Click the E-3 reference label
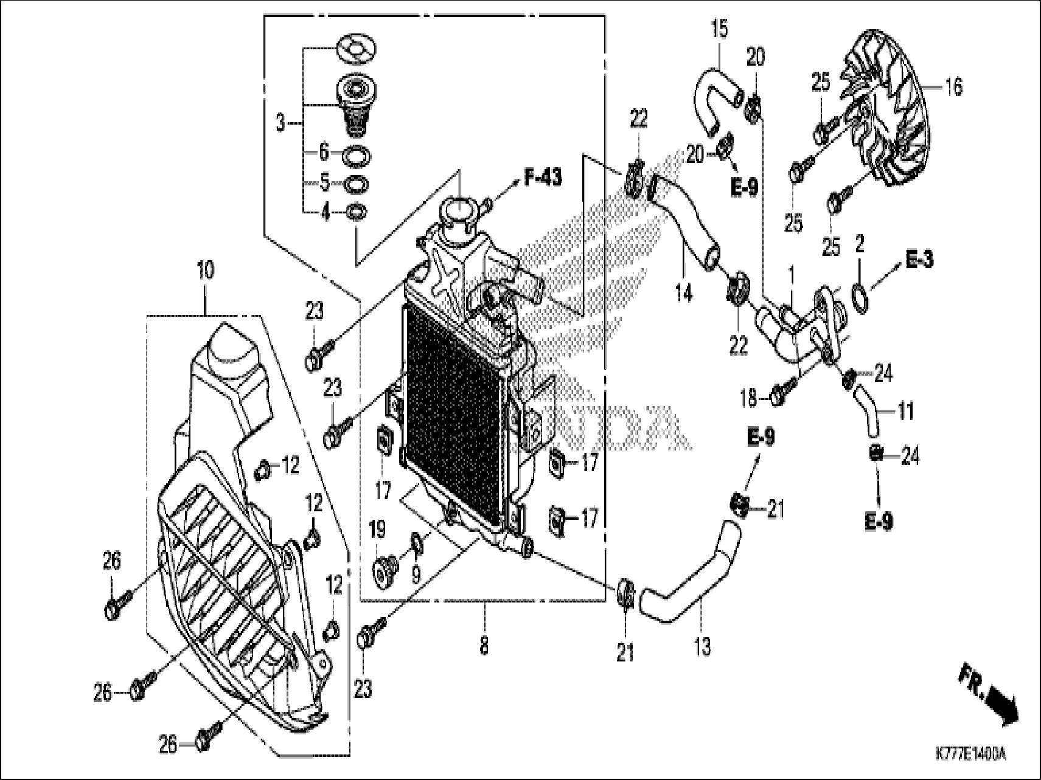coord(919,260)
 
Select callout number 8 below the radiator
coord(484,646)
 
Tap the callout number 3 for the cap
coord(280,123)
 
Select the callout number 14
coord(684,293)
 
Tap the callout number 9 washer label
coord(416,575)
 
